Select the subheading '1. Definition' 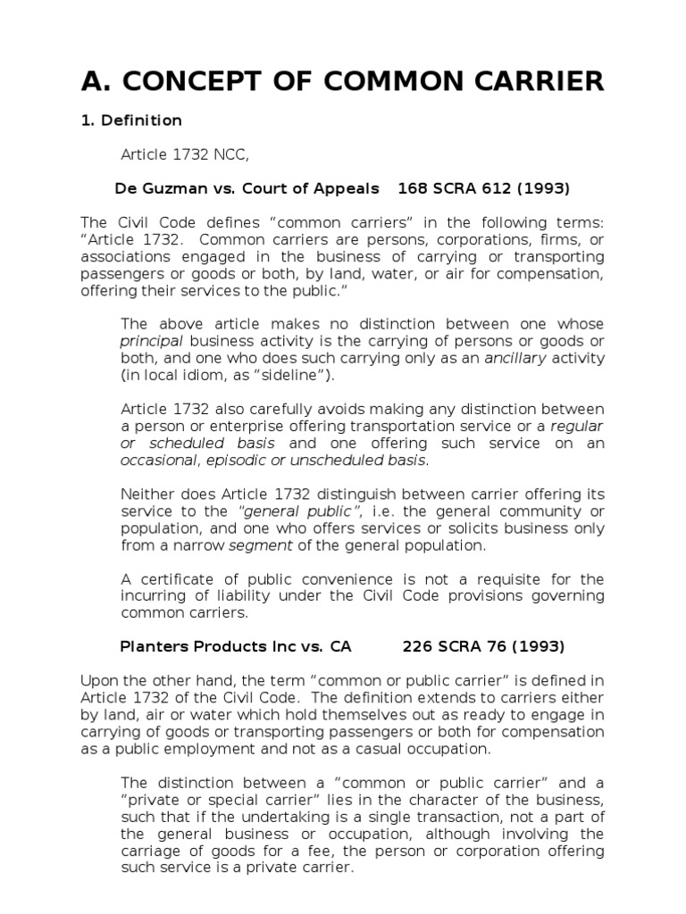click(131, 120)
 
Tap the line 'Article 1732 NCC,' click(185, 155)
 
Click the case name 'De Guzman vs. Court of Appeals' click(247, 188)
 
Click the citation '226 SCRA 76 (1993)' click(483, 645)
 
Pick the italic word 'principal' click(151, 341)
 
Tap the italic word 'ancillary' click(516, 358)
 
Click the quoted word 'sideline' click(289, 375)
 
